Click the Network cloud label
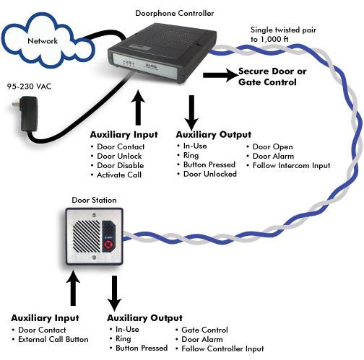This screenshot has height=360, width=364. click(x=43, y=41)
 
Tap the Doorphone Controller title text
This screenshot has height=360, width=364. click(x=175, y=13)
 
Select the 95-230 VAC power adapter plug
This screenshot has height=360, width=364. click(x=27, y=113)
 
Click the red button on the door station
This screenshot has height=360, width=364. click(x=108, y=245)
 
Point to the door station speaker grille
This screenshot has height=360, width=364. click(x=87, y=237)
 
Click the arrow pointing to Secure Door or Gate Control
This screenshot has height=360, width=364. click(x=220, y=75)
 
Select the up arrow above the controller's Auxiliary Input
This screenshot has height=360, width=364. click(x=138, y=107)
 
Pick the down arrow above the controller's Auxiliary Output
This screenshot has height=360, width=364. click(x=191, y=113)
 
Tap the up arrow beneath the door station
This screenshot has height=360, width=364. click(x=73, y=288)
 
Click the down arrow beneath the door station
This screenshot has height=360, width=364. click(x=114, y=294)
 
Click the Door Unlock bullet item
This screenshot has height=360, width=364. click(x=116, y=156)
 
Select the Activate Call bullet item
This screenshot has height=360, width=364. click(x=116, y=175)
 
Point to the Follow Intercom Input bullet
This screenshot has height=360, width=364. click(x=288, y=165)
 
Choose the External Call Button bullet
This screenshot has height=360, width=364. click(x=50, y=339)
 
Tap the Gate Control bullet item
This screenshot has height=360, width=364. click(x=201, y=330)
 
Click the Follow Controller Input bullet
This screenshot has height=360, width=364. click(x=220, y=348)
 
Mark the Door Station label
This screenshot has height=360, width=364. click(x=94, y=200)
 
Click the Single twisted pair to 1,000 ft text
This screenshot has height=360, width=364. click(x=283, y=35)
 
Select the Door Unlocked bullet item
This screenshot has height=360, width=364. click(x=207, y=174)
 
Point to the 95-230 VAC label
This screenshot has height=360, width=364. click(x=29, y=87)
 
